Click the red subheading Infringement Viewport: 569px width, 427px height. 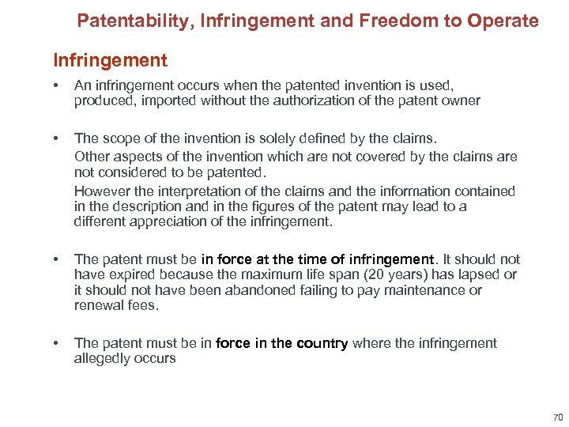click(110, 60)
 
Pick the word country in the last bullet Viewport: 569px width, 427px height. click(322, 343)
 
